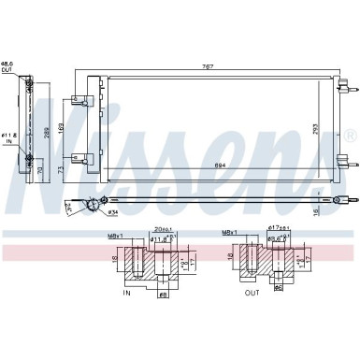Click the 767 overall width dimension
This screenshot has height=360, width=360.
(x=217, y=66)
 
